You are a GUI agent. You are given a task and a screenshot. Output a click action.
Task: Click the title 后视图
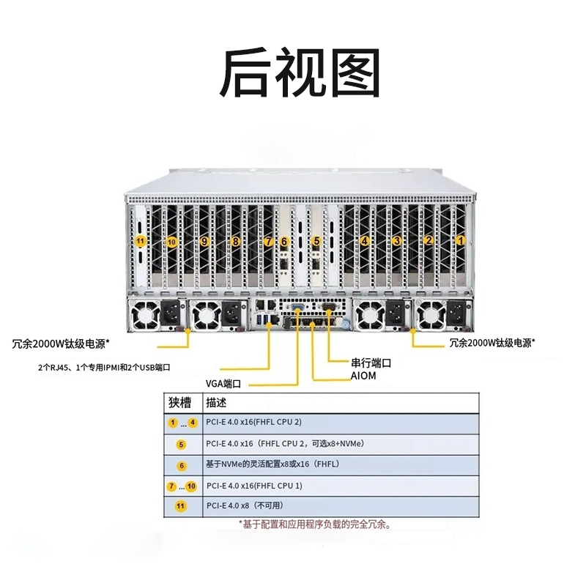pyautogui.click(x=301, y=74)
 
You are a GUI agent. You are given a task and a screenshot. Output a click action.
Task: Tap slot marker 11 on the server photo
pyautogui.click(x=140, y=241)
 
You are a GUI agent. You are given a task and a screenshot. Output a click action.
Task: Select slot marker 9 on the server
pyautogui.click(x=204, y=241)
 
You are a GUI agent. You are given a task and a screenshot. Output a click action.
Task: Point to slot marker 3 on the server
pyautogui.click(x=397, y=240)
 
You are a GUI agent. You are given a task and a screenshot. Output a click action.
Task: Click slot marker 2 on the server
pyautogui.click(x=429, y=240)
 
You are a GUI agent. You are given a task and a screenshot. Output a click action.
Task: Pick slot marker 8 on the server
pyautogui.click(x=236, y=241)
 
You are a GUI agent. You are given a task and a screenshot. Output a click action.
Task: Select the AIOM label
pyautogui.click(x=363, y=376)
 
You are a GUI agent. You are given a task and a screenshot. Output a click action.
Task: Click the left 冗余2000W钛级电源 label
pyautogui.click(x=61, y=342)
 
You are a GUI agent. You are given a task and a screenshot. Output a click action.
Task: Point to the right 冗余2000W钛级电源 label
pyautogui.click(x=492, y=342)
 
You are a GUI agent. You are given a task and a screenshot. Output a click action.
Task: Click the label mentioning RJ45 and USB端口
pyautogui.click(x=108, y=366)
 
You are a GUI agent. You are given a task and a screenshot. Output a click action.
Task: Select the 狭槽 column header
pyautogui.click(x=179, y=402)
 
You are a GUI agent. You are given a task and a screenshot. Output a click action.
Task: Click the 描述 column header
pyautogui.click(x=217, y=402)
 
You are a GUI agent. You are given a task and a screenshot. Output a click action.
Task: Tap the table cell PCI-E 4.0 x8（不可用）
pyautogui.click(x=245, y=506)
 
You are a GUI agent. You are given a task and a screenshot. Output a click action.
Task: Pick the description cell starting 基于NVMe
pyautogui.click(x=272, y=464)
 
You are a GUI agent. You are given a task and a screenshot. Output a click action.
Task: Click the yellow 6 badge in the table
pyautogui.click(x=182, y=465)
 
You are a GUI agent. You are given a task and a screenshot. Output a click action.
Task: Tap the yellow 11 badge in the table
pyautogui.click(x=182, y=506)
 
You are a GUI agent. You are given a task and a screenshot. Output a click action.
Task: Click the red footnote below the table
pyautogui.click(x=315, y=524)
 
